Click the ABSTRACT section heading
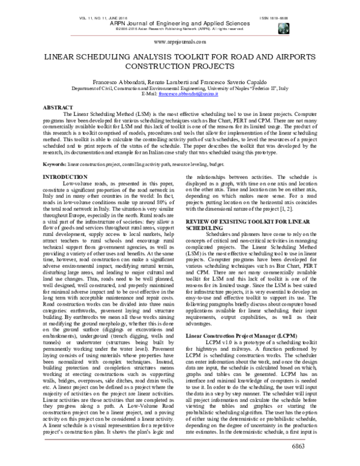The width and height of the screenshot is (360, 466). [57, 107]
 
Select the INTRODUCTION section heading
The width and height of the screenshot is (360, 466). [67, 177]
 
